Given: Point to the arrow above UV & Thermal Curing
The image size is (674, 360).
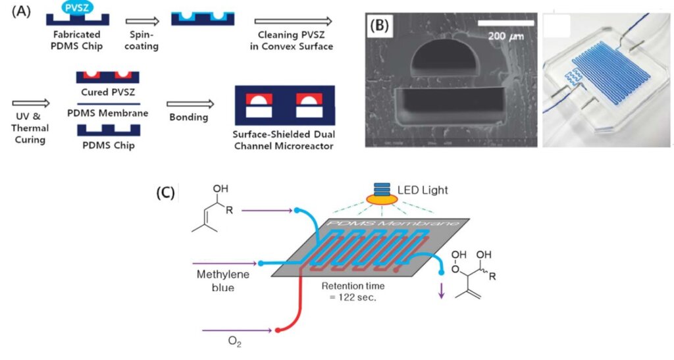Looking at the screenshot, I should (30, 103).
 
